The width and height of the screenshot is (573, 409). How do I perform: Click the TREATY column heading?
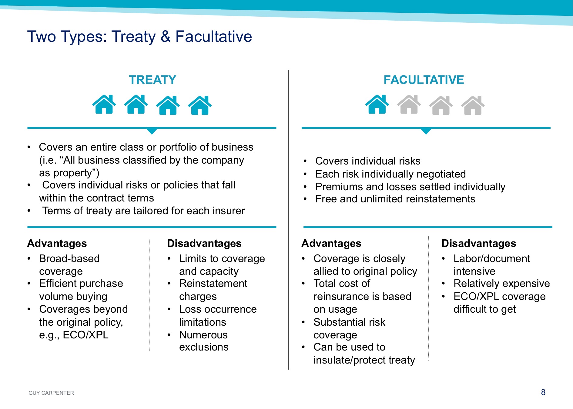(x=152, y=80)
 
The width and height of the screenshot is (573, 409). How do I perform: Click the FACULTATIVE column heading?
(x=424, y=80)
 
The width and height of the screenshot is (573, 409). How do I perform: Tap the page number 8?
(x=543, y=392)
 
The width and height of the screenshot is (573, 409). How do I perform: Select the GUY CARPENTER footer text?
(x=51, y=393)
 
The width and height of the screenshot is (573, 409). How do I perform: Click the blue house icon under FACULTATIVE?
(x=377, y=105)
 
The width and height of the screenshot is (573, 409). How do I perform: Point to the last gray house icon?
(x=473, y=105)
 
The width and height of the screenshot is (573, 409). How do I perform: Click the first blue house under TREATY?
(x=104, y=105)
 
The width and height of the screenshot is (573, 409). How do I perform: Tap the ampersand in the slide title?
(x=166, y=36)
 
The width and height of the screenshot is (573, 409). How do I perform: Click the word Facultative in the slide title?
(x=214, y=36)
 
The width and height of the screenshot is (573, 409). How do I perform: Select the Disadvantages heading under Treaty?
(x=204, y=243)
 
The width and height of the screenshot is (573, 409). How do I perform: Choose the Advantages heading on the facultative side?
(x=331, y=243)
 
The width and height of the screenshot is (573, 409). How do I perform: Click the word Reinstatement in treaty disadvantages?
(x=213, y=284)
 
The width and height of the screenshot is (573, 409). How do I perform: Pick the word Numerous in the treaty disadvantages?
(x=203, y=335)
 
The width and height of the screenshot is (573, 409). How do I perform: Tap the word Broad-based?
(x=69, y=258)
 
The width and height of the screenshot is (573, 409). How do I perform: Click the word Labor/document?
(x=492, y=258)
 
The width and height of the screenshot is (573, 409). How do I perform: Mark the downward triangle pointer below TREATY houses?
(x=152, y=131)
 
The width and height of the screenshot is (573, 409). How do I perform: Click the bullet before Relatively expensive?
(x=443, y=284)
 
